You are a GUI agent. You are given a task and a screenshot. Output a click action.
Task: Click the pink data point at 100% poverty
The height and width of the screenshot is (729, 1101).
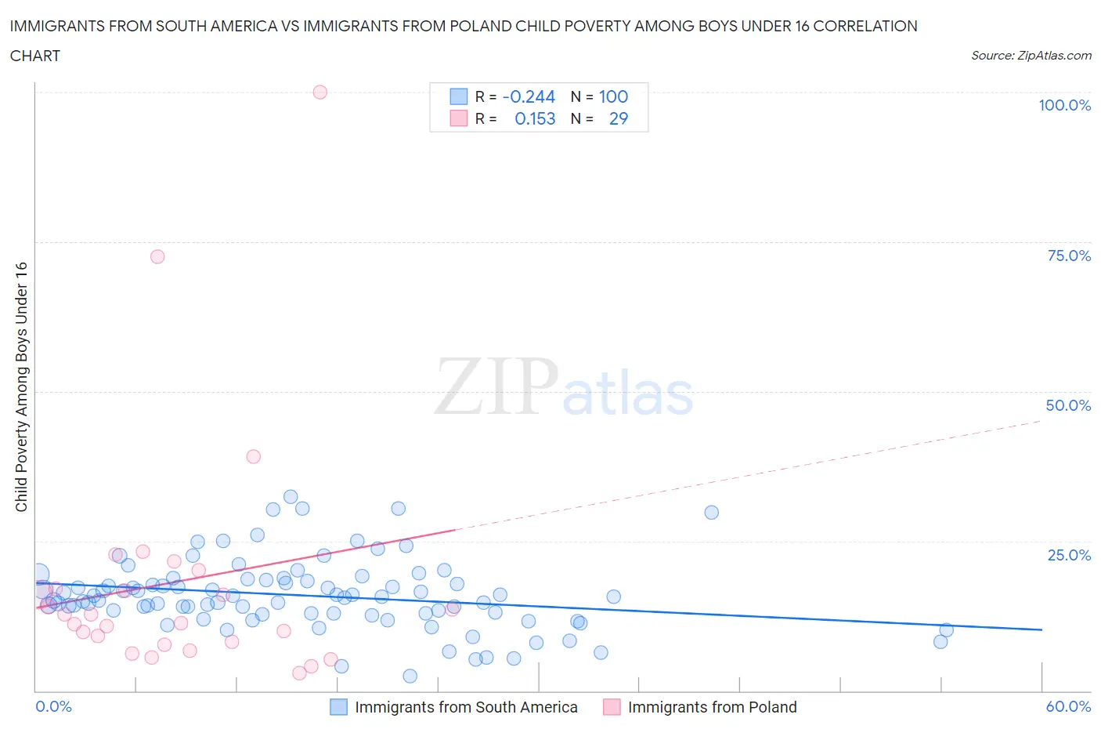[319, 92]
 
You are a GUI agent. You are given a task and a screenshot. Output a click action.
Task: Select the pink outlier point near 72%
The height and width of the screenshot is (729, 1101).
[157, 256]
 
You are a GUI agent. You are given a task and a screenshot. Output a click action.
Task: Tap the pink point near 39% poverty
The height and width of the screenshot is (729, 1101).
[253, 456]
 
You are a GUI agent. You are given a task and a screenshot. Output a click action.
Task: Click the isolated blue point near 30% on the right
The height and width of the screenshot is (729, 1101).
[711, 513]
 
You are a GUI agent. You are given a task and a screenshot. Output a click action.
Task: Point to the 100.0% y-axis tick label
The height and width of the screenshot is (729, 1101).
[1064, 105]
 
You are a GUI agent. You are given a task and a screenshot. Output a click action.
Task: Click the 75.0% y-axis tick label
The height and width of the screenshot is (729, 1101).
[1069, 256]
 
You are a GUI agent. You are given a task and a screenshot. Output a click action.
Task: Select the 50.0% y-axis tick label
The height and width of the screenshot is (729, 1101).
[1068, 405]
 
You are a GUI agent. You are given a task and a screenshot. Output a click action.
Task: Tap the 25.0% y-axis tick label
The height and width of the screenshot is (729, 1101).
[1069, 555]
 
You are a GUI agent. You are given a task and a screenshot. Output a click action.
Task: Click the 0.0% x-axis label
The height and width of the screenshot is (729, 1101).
[53, 706]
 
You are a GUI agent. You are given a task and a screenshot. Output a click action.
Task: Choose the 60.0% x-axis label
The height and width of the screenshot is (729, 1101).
[1068, 706]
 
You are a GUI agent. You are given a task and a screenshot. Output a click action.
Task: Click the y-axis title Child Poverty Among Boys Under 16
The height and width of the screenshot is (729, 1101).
[22, 386]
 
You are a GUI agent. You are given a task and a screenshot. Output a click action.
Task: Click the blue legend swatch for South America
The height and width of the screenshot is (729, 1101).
[338, 707]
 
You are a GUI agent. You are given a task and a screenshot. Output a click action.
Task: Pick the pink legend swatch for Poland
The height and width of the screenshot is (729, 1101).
[612, 707]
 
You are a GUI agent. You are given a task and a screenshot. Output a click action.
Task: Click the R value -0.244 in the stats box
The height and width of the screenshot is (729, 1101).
[529, 96]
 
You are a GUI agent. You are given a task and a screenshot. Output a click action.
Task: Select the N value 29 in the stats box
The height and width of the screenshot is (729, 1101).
[618, 118]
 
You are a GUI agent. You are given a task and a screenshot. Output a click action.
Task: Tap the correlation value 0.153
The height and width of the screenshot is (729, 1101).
[535, 118]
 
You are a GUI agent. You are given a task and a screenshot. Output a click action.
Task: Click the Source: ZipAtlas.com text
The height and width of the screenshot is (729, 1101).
[1031, 55]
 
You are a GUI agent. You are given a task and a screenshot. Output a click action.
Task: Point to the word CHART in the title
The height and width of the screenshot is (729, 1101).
[35, 56]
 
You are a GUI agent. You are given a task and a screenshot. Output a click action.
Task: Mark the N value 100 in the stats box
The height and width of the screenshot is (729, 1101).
[613, 96]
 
